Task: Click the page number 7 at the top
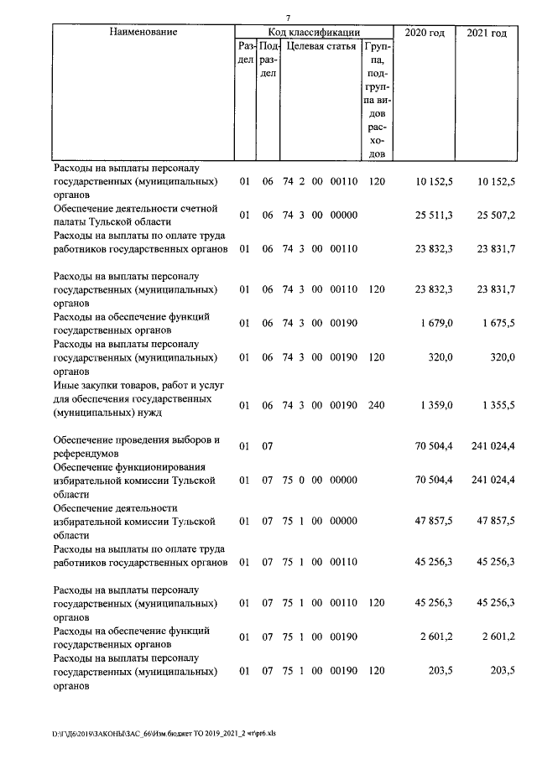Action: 287,18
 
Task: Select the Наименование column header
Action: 143,32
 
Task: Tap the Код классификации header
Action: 313,32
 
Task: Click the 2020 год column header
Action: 425,33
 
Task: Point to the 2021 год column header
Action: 487,33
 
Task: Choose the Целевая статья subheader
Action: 321,46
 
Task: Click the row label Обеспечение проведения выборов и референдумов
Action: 136,446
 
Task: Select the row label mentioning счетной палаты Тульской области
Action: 135,215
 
